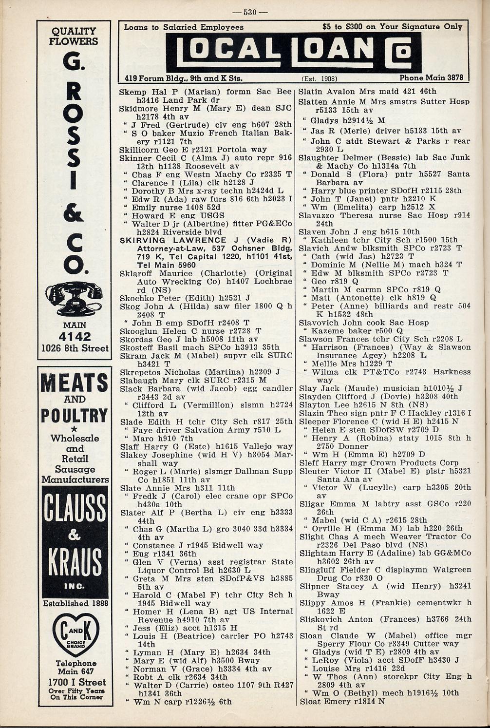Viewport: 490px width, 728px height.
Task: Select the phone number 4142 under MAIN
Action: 75,337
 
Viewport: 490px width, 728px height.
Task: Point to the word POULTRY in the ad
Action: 74,416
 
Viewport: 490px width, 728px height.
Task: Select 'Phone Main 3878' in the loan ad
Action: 431,77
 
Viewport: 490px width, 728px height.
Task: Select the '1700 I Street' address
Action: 75,682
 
